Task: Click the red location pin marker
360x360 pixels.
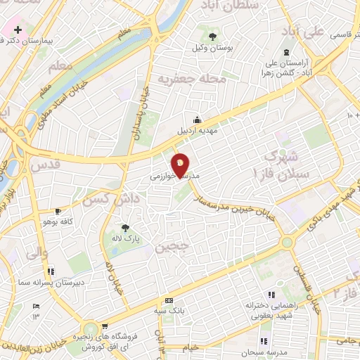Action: pos(180,165)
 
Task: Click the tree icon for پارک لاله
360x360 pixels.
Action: pos(125,228)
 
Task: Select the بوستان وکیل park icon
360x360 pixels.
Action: pos(212,34)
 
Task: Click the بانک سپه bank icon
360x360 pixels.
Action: pos(167,300)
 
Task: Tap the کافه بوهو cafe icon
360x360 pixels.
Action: pos(58,211)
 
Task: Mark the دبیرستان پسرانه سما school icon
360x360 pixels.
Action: pos(51,271)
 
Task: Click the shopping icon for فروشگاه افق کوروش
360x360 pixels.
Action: pos(105,326)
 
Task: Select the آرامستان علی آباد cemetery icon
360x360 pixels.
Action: pos(286,53)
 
